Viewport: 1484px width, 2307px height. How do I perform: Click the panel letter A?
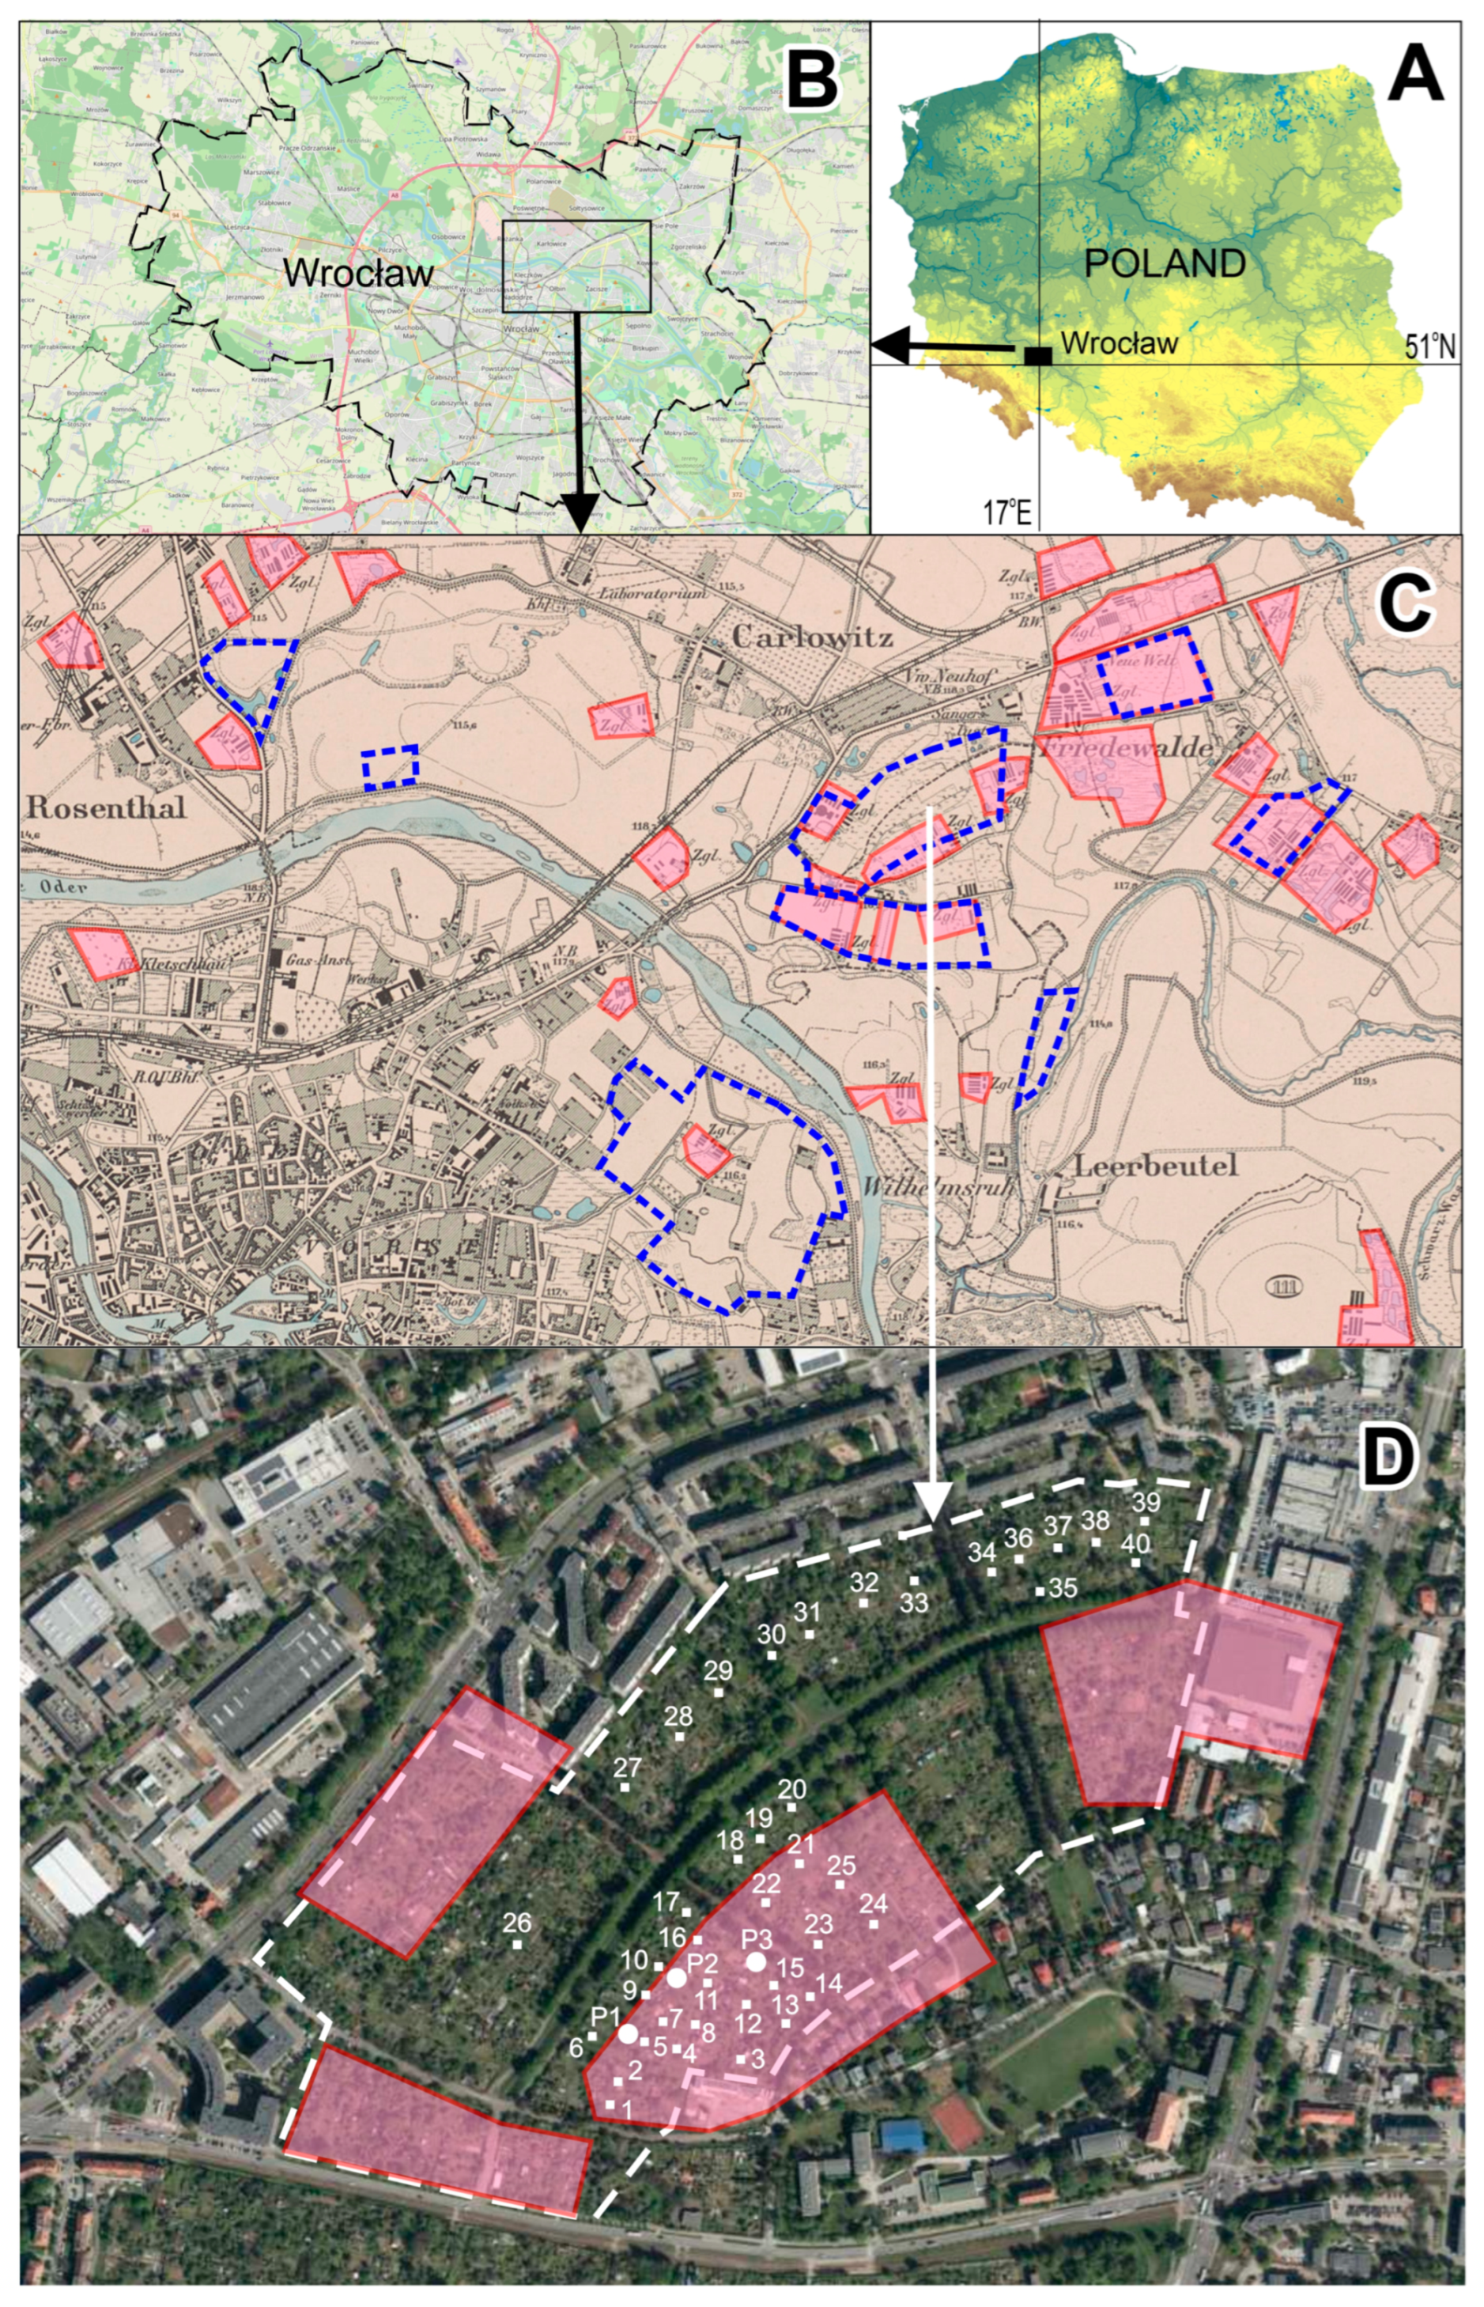1414,74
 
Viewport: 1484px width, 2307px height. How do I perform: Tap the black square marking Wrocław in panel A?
1037,356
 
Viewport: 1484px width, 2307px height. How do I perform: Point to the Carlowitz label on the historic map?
812,637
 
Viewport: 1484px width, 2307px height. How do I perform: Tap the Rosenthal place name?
106,807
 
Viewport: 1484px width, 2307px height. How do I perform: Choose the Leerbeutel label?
1141,1166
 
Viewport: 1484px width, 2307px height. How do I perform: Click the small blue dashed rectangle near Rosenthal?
391,767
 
